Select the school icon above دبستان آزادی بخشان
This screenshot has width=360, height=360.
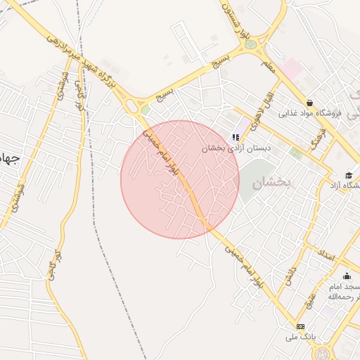(x=236, y=137)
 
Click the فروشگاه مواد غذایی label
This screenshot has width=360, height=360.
(x=310, y=112)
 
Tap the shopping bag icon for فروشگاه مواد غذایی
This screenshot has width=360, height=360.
(x=310, y=102)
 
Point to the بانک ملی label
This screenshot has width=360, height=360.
(x=301, y=337)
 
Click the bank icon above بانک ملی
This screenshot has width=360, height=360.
(x=301, y=326)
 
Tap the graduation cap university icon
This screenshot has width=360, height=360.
(x=349, y=175)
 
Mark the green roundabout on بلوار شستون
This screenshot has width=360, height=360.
(x=250, y=44)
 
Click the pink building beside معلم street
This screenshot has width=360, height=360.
(x=291, y=68)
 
